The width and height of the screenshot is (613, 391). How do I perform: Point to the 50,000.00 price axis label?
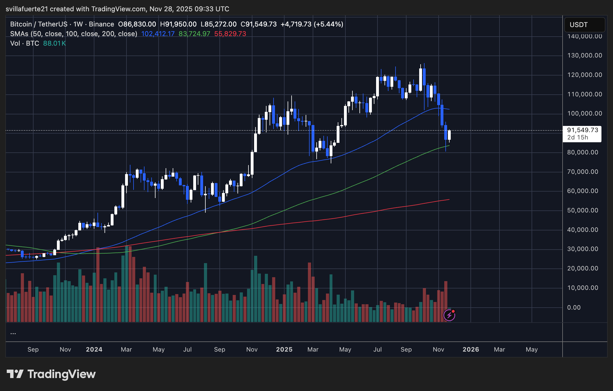[x=583, y=210]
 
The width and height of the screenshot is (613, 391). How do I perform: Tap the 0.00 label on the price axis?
[x=574, y=307]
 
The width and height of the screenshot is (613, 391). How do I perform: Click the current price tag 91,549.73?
[x=582, y=130]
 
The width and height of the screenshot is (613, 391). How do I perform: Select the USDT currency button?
[x=584, y=25]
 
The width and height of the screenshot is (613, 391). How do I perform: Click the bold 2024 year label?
[x=94, y=350]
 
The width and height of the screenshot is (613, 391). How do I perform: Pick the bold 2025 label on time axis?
[x=284, y=350]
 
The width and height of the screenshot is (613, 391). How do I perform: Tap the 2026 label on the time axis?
[x=471, y=350]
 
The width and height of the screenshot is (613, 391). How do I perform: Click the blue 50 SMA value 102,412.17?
[x=158, y=34]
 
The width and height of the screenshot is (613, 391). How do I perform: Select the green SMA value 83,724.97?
[x=194, y=34]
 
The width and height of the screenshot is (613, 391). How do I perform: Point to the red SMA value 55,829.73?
[x=230, y=34]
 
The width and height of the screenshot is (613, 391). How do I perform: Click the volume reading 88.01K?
[x=54, y=43]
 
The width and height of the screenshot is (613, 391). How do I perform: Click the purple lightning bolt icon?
[x=449, y=315]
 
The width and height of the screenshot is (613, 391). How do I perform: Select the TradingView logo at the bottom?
[x=51, y=374]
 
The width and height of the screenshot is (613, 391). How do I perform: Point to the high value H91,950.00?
[x=178, y=24]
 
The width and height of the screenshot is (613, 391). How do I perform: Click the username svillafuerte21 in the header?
[x=27, y=9]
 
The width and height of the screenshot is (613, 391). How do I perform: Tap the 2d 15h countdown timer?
[x=578, y=137]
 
